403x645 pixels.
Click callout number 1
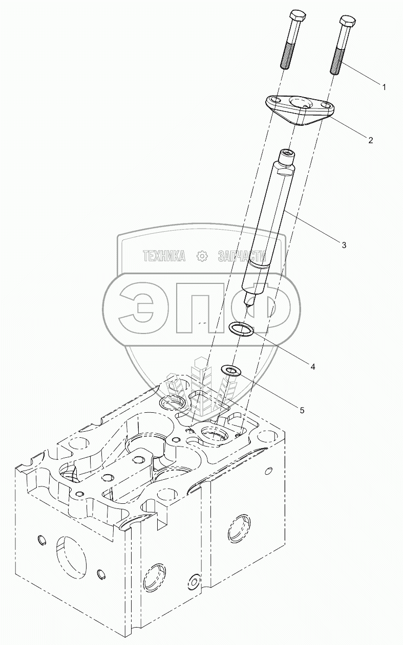[x=384, y=87]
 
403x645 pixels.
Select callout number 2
[x=370, y=139]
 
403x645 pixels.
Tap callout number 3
[x=344, y=245]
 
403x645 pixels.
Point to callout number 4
[x=312, y=366]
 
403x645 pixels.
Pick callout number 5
[x=302, y=410]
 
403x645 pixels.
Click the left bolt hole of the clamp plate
[x=275, y=100]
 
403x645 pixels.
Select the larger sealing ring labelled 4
[x=241, y=330]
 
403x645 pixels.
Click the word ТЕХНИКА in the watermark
[x=164, y=256]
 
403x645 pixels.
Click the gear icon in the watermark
[x=202, y=256]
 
